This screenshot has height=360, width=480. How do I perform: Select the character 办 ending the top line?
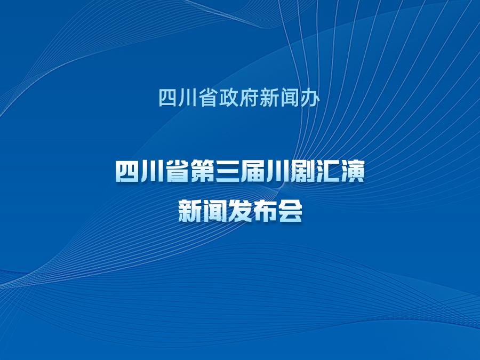310,98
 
